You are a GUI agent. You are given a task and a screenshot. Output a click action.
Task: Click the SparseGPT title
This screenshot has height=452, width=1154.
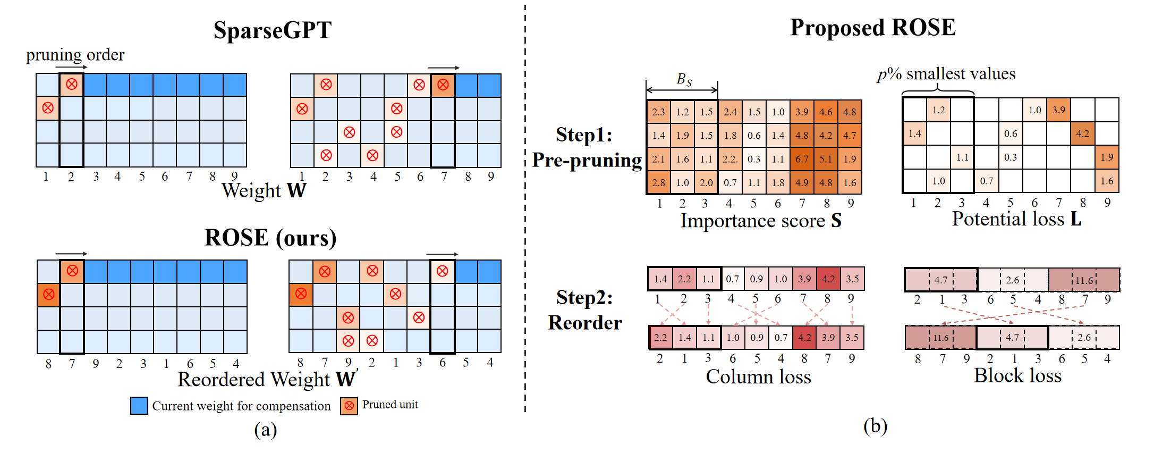tap(273, 30)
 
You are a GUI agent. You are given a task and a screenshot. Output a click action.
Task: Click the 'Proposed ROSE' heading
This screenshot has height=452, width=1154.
tap(872, 28)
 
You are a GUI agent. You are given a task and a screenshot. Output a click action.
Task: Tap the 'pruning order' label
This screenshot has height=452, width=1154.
tap(75, 55)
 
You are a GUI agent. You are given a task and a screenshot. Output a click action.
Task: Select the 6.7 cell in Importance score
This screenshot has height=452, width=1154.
tap(802, 159)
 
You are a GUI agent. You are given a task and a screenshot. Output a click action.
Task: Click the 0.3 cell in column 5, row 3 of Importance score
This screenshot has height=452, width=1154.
tap(754, 159)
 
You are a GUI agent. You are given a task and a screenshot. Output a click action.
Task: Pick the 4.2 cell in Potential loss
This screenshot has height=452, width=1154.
tap(1082, 133)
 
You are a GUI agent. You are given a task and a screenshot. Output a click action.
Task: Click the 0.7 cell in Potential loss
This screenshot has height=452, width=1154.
tap(986, 181)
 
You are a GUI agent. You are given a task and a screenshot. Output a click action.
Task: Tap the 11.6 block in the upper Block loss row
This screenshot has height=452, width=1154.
tap(1084, 280)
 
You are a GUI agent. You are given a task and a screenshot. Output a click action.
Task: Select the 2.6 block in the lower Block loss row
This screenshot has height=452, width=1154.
tap(1084, 338)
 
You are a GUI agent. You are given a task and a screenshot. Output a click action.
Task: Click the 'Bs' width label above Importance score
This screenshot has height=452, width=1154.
tap(684, 80)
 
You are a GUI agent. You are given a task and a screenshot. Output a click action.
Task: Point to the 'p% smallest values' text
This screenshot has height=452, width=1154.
tap(946, 73)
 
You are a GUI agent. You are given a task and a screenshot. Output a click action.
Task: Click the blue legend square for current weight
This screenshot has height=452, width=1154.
tap(139, 406)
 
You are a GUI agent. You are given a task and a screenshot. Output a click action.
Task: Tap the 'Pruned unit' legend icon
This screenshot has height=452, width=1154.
tap(349, 406)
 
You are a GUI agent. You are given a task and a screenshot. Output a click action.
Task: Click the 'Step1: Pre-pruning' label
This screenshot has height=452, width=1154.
tap(586, 147)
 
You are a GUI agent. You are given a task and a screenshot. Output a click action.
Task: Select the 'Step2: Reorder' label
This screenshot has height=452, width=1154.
tap(584, 310)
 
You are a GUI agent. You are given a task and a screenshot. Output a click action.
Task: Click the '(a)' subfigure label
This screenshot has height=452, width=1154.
tap(265, 430)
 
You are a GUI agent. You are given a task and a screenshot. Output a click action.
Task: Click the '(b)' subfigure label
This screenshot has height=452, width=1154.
tap(875, 426)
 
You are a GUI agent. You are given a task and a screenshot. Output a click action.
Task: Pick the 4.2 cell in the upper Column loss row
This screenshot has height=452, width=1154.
tap(828, 279)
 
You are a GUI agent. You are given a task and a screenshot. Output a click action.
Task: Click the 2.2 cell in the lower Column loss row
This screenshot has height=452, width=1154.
tap(660, 338)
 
